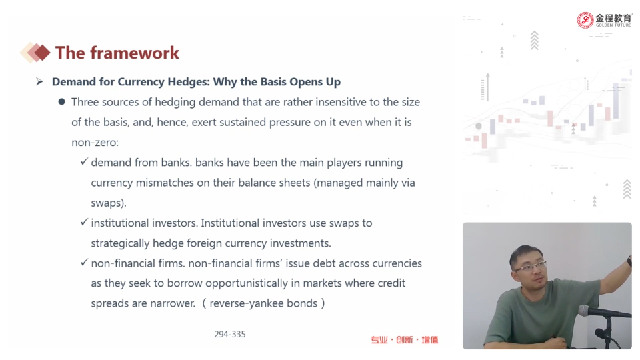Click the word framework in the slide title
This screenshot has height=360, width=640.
(135, 53)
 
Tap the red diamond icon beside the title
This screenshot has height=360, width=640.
(41, 53)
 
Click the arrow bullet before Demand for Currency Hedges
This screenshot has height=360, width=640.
(39, 81)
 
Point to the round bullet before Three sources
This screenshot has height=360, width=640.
(61, 101)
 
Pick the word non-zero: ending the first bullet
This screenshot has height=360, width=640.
(95, 143)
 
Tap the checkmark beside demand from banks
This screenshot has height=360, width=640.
(84, 161)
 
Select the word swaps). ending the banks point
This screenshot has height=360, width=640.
(109, 203)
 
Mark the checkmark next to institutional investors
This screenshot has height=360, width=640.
(84, 222)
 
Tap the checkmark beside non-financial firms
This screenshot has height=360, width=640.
(84, 262)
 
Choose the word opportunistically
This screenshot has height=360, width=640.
(247, 283)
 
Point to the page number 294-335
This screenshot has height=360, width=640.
(230, 334)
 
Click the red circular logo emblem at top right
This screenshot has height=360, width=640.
(585, 20)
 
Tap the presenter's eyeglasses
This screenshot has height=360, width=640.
(529, 267)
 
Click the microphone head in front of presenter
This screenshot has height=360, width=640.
(585, 311)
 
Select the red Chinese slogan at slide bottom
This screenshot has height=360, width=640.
(404, 339)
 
